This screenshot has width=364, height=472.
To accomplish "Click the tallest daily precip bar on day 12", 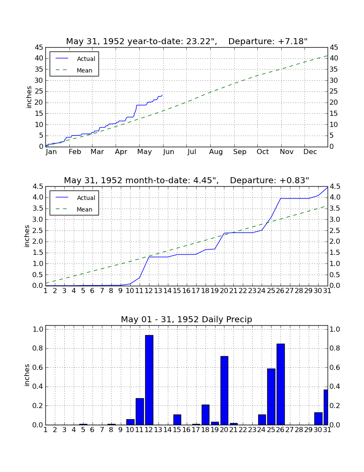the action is [149, 380].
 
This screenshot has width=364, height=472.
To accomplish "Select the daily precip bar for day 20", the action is [224, 390].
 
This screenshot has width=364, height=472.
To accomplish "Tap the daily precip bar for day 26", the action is [281, 384].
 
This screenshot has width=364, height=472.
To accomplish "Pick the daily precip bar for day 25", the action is [271, 397].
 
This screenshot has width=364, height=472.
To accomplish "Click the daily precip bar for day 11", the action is [140, 411].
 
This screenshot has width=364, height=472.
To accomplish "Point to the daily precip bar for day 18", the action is [206, 415].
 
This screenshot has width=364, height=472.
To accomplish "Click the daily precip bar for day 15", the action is [177, 420].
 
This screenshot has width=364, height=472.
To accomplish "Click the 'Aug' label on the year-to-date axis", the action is [216, 152].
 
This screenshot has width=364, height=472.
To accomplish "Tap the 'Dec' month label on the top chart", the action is [310, 152].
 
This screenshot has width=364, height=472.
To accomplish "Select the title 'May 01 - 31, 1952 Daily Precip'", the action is [187, 319].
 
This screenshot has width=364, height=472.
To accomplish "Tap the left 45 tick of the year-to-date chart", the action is [39, 48].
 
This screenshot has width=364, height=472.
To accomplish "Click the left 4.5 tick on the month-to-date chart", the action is [38, 187].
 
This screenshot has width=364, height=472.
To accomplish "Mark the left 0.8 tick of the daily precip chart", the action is [38, 348].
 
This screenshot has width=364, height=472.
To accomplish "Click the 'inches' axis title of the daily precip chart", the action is [27, 375].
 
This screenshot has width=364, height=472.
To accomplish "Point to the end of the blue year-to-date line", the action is [162, 95].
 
